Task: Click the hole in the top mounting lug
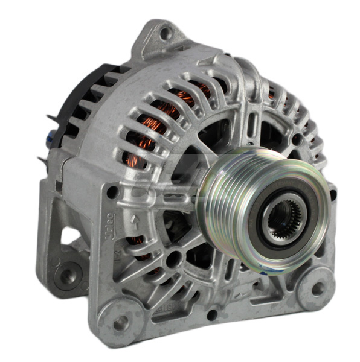(x=165, y=34)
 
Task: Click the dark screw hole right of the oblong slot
(x=297, y=138)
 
